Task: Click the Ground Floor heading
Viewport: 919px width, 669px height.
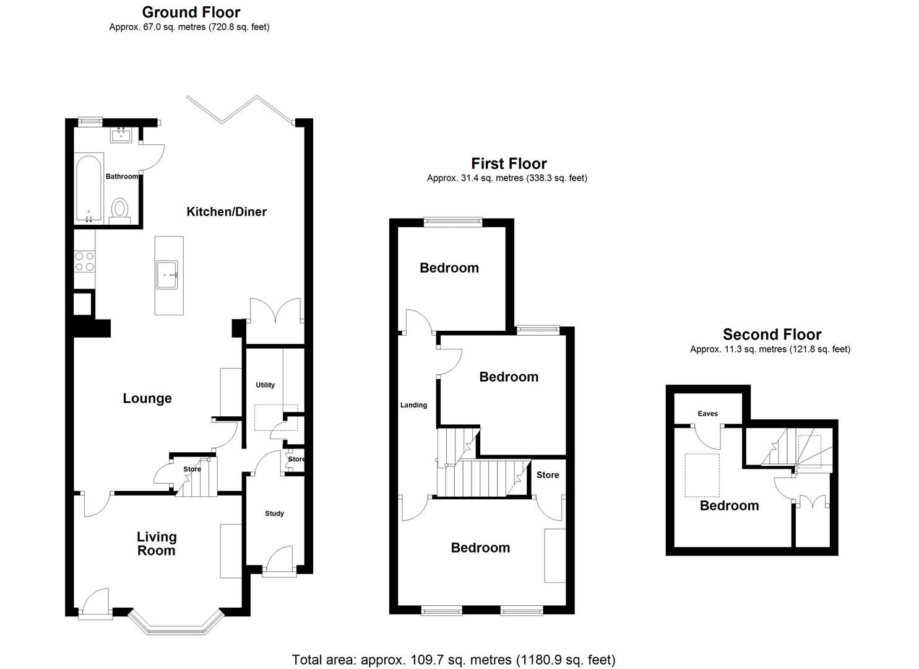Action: (x=191, y=12)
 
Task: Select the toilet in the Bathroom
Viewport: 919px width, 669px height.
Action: (x=119, y=209)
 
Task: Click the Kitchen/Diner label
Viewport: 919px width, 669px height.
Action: (x=227, y=212)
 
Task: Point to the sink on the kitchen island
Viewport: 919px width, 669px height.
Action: (x=167, y=274)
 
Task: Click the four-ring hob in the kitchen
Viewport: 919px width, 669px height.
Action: (x=84, y=261)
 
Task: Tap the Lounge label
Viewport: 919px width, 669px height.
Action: (x=147, y=398)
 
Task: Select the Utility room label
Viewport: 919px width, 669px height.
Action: (x=265, y=385)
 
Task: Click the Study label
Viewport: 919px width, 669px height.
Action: (x=274, y=514)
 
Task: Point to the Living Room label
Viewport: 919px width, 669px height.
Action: (x=157, y=544)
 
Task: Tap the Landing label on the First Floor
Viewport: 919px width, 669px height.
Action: (x=413, y=405)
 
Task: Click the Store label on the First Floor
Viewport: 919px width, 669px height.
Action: (x=548, y=475)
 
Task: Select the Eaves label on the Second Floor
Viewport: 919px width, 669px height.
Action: (x=707, y=414)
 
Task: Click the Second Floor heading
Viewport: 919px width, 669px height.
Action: (x=772, y=334)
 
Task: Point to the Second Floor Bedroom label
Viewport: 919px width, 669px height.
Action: (x=729, y=505)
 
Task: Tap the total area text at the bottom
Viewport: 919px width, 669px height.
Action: (x=454, y=660)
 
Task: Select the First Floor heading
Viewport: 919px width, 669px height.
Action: (x=509, y=164)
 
